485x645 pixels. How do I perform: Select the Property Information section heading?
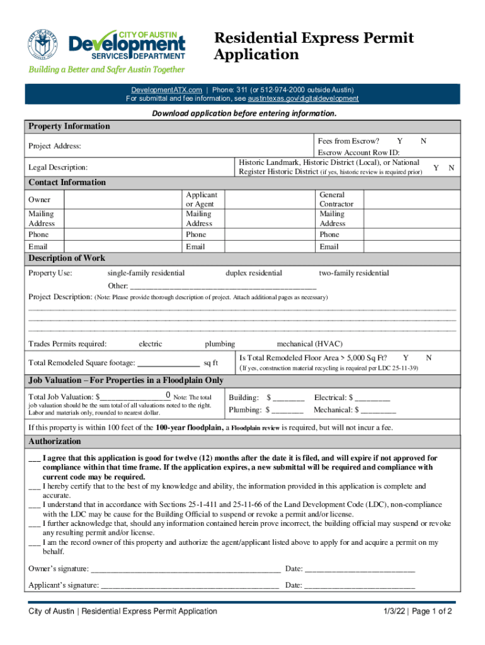click(x=69, y=127)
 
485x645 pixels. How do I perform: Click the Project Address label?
click(x=55, y=146)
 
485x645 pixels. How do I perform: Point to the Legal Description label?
click(x=58, y=168)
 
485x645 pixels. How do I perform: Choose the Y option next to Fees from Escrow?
click(x=399, y=141)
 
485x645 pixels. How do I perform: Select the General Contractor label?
click(x=336, y=200)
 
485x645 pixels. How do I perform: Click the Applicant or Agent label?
click(x=201, y=200)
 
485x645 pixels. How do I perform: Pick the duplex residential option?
click(x=254, y=273)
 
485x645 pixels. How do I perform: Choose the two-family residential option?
click(x=353, y=273)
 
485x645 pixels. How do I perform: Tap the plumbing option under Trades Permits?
click(x=220, y=344)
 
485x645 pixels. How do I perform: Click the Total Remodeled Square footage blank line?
click(x=168, y=363)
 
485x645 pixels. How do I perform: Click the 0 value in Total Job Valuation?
click(x=168, y=396)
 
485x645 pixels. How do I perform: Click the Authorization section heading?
click(x=55, y=442)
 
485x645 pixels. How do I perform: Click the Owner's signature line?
click(x=185, y=569)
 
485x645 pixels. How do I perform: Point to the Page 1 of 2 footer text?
click(x=431, y=612)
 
